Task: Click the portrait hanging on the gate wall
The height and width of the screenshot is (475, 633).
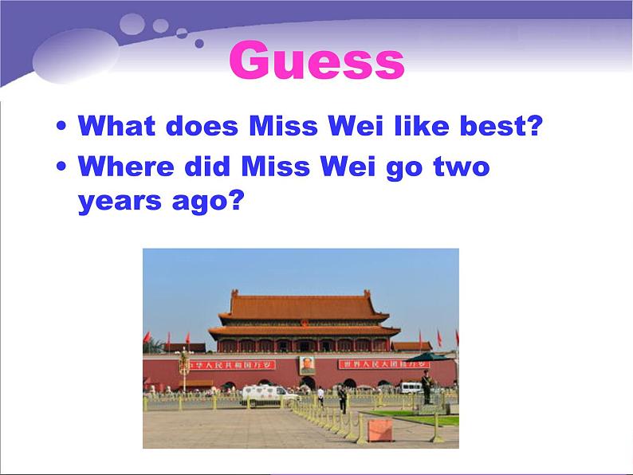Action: tap(307, 365)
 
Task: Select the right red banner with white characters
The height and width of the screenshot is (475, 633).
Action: tap(373, 364)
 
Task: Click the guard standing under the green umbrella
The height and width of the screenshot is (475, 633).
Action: tap(426, 386)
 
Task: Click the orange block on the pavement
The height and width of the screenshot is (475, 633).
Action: tap(380, 430)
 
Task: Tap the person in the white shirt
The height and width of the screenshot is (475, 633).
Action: tap(321, 397)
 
